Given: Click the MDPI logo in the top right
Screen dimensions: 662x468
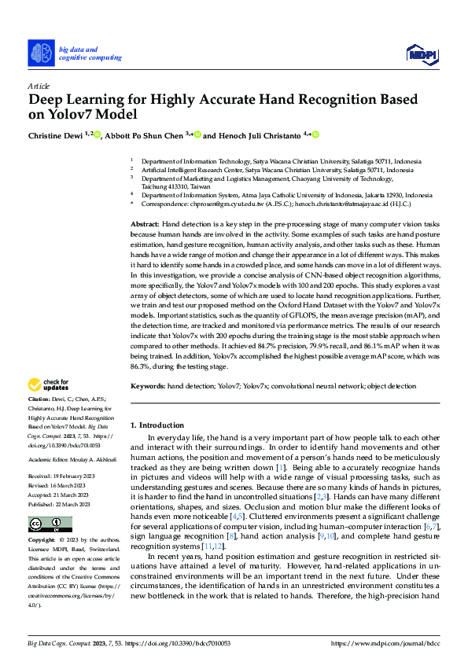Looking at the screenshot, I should [x=421, y=53].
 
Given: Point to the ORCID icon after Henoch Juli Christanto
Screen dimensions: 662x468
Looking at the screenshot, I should [x=315, y=135].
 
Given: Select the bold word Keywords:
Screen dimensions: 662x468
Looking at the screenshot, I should [x=148, y=388].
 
